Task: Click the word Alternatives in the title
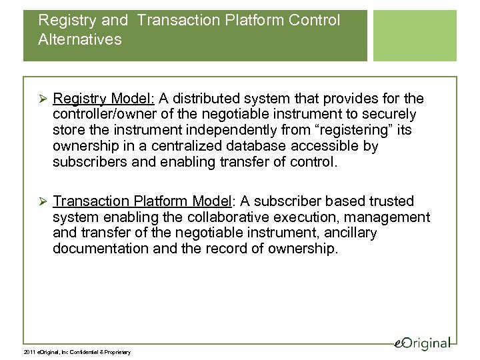[x=81, y=40]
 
